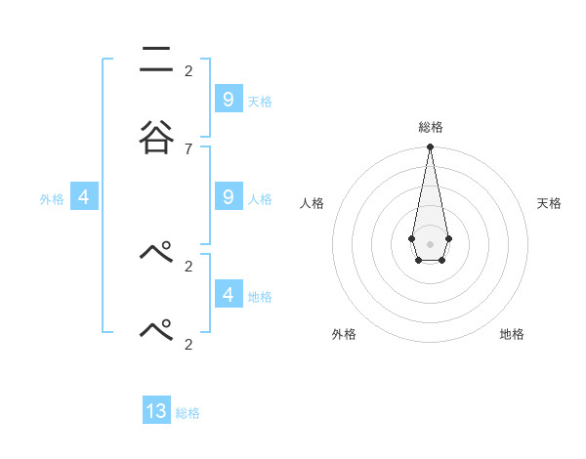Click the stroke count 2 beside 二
click(x=188, y=70)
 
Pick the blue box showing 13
click(x=156, y=411)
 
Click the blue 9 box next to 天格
click(x=228, y=99)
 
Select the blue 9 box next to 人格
click(x=228, y=197)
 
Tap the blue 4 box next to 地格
click(x=228, y=294)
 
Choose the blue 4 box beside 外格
click(x=84, y=197)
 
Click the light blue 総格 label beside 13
click(x=188, y=413)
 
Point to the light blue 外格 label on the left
click(x=52, y=199)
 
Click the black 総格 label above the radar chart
click(x=430, y=127)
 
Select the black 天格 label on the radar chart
click(x=550, y=203)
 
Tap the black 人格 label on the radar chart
click(x=312, y=203)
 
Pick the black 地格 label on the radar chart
click(x=512, y=334)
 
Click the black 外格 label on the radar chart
click(x=344, y=334)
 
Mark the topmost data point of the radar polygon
click(x=430, y=147)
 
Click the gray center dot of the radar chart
click(x=430, y=243)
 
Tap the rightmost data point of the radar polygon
click(x=448, y=238)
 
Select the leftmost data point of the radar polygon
click(x=411, y=238)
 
